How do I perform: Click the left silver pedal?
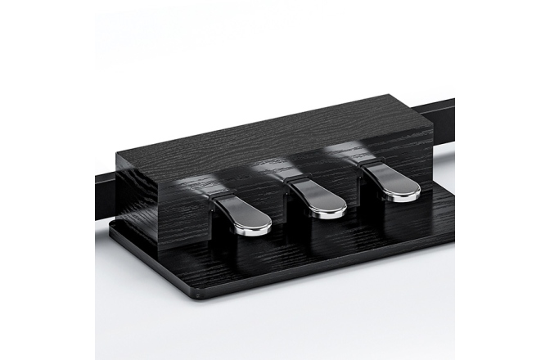[244, 214]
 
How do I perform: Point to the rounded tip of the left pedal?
[255, 226]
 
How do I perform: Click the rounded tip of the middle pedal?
[329, 210]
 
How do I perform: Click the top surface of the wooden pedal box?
[270, 135]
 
